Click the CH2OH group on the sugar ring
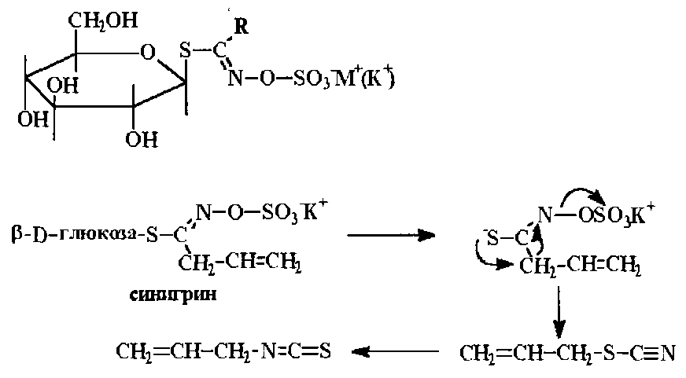[101, 19]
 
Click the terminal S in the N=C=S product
[323, 350]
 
